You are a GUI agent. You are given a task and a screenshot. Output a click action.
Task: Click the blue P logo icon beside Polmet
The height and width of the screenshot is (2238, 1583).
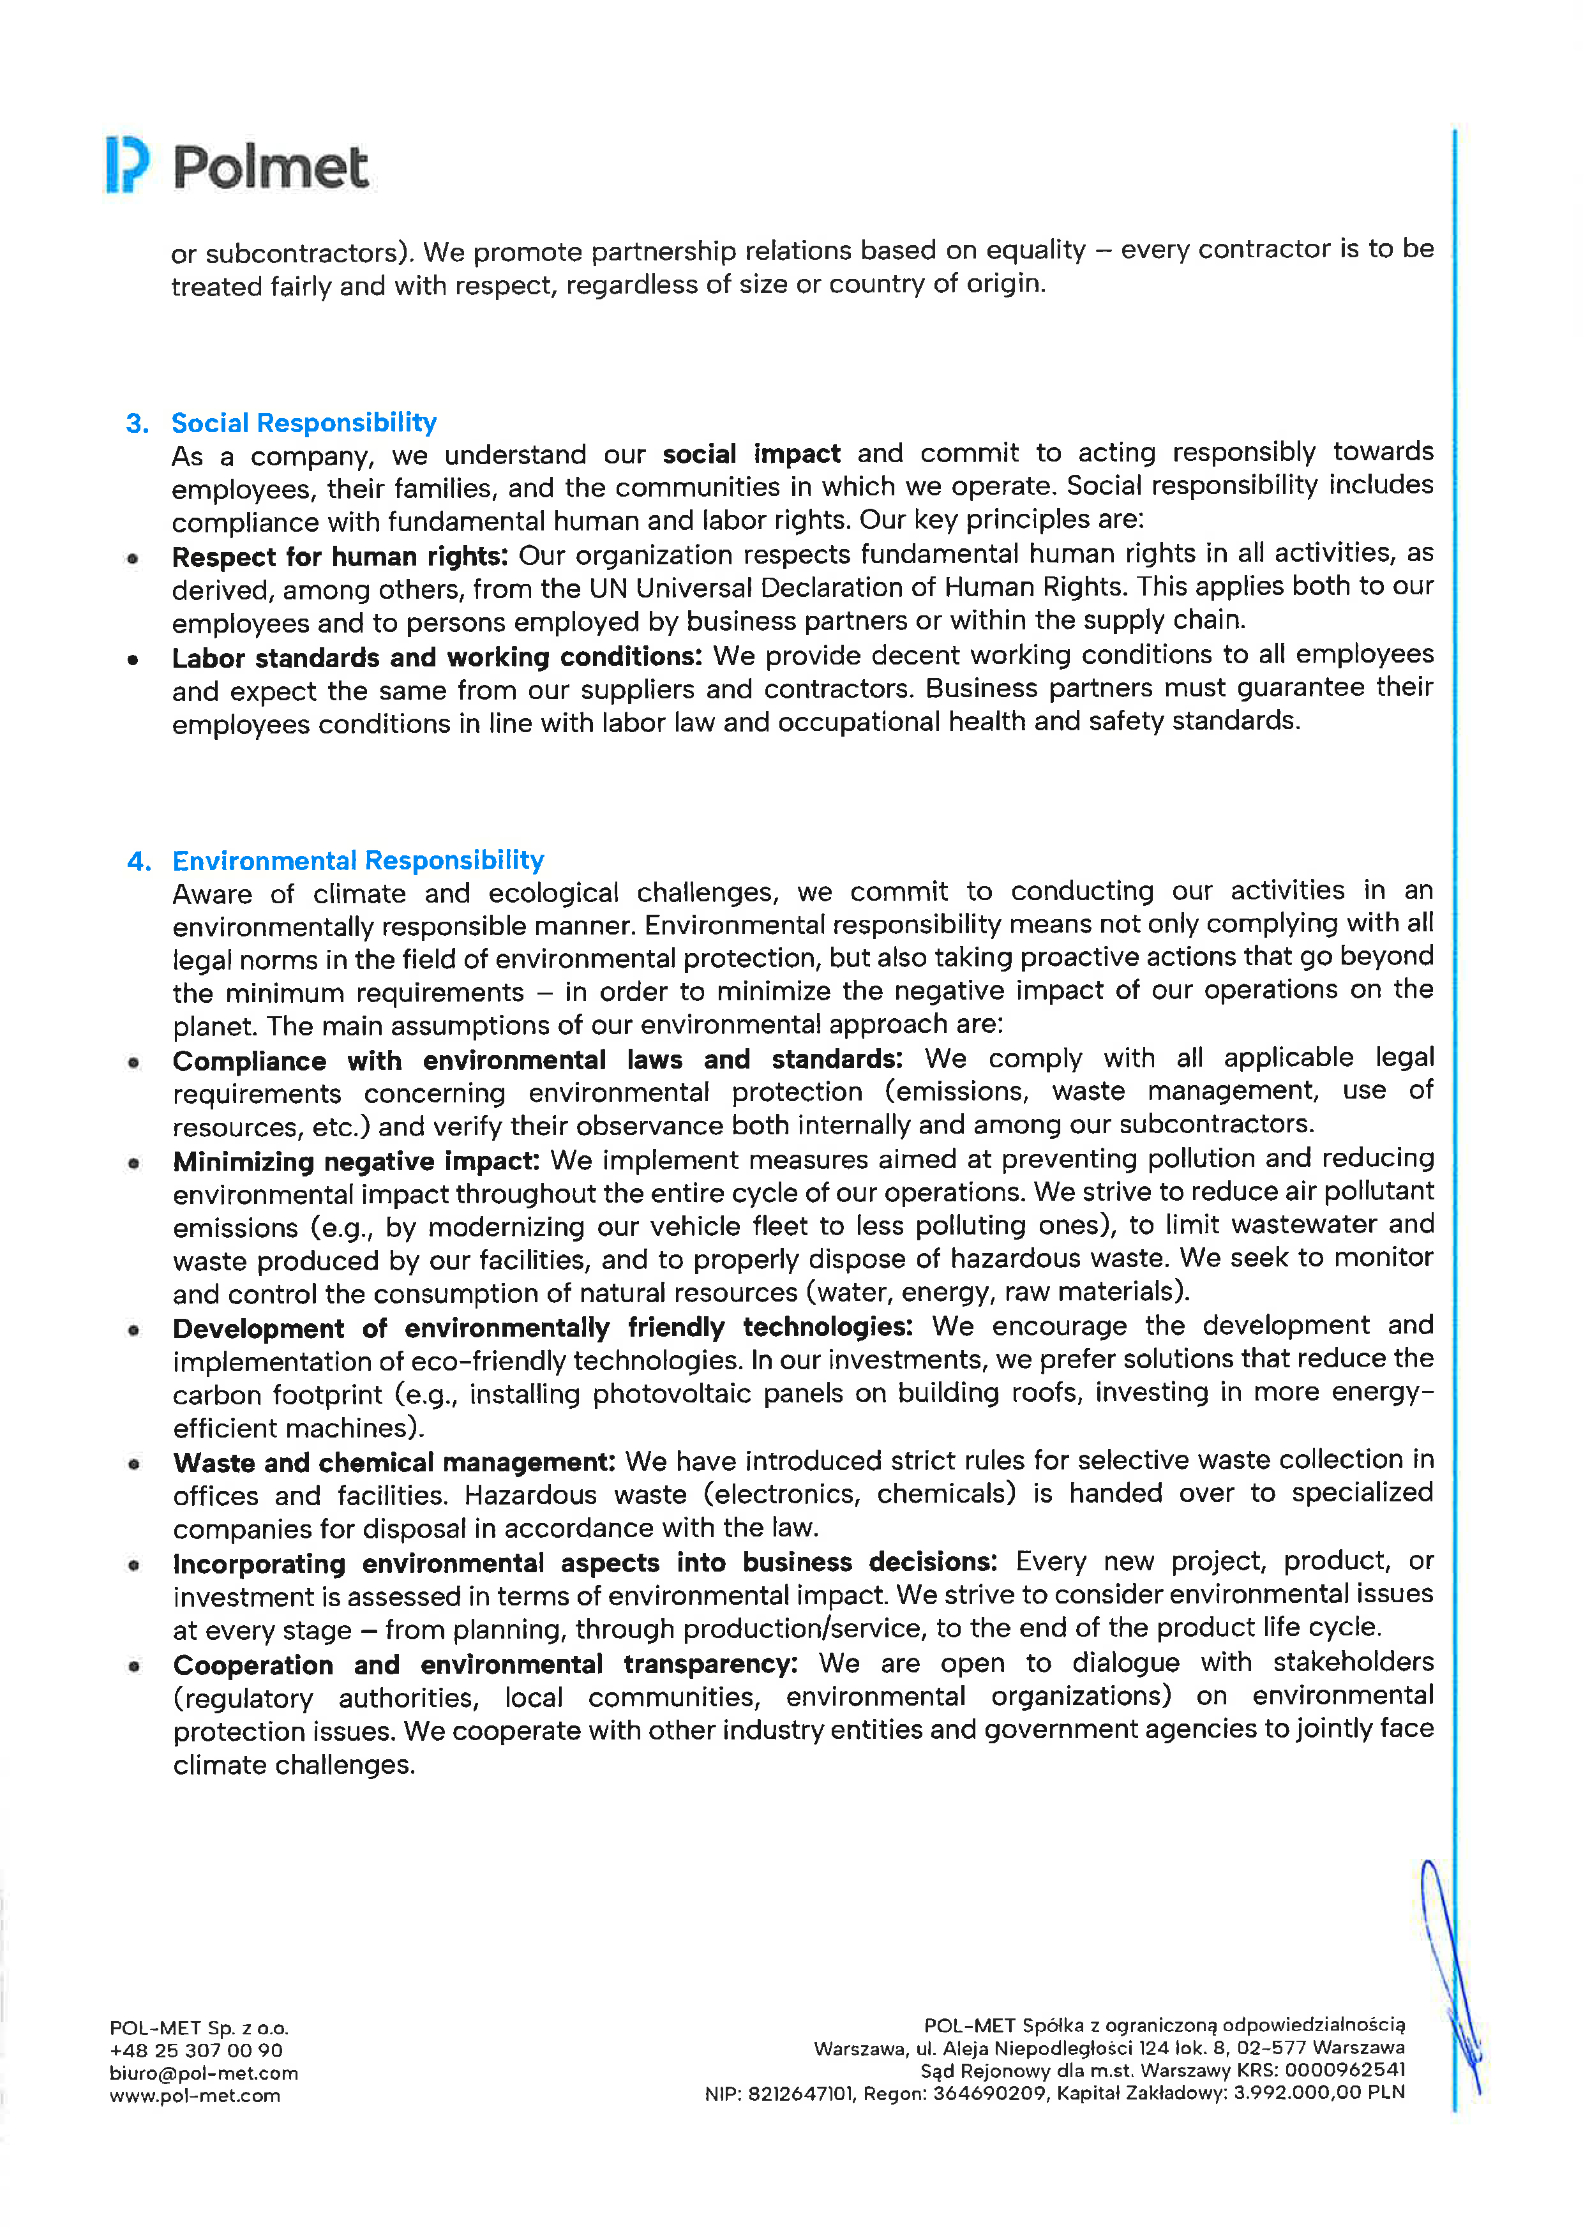point(128,165)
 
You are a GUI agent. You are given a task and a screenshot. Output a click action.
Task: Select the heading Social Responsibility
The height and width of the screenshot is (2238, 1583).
point(303,423)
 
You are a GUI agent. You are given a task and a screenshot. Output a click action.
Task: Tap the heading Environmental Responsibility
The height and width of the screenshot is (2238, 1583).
point(357,860)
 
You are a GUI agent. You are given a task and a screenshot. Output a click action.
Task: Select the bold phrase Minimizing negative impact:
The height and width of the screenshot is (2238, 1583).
point(356,1162)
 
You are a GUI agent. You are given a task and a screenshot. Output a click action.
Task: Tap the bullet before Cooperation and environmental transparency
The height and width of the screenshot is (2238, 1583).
point(133,1667)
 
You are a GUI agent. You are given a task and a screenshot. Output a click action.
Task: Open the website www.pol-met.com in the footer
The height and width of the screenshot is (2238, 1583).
point(195,2096)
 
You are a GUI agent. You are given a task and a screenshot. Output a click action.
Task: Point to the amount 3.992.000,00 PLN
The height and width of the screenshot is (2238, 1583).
point(1319,2092)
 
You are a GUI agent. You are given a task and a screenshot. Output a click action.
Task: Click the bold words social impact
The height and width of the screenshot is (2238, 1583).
point(751,454)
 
